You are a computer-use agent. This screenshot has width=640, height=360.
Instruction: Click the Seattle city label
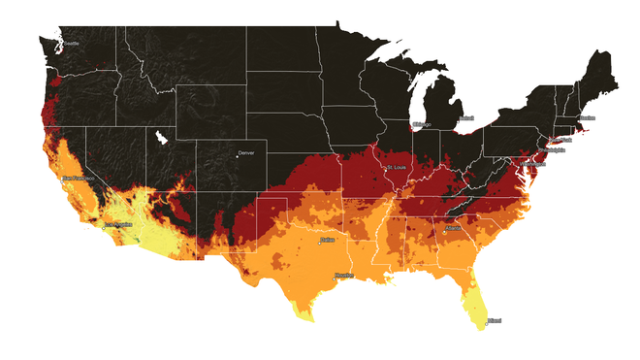coord(70,44)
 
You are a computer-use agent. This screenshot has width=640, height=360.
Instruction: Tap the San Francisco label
coord(78,179)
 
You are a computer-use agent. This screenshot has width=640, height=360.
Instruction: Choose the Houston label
coord(344,276)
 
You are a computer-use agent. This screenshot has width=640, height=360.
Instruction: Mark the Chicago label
coord(421,125)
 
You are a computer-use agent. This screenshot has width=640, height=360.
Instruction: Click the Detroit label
coord(466,118)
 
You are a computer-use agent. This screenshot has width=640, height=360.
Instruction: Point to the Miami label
coord(495,319)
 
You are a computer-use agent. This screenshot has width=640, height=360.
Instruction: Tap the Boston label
coord(586,118)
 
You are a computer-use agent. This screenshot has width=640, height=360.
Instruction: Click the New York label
coord(563,140)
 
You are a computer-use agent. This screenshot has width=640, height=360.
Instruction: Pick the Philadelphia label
coord(545,150)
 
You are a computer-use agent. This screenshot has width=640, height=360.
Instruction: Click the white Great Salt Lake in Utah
coord(160,139)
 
